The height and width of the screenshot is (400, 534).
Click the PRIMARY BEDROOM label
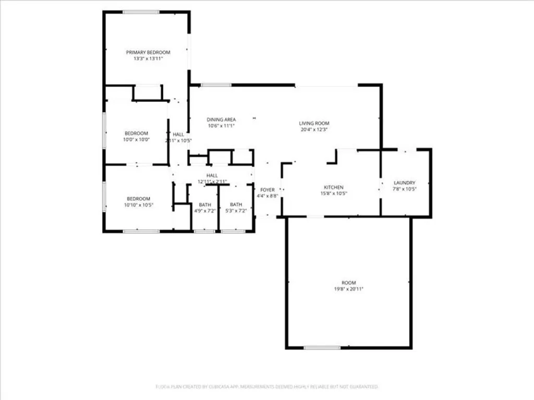pos(148,52)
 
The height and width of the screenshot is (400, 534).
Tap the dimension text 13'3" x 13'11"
pos(148,59)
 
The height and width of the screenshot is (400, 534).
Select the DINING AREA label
pos(221,119)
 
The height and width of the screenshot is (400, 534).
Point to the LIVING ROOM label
pos(314,123)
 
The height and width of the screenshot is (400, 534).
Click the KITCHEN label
pos(334,187)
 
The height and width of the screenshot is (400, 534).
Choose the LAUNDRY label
pos(405,183)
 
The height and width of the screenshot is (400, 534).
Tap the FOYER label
pos(268,190)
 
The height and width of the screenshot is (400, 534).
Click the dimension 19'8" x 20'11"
pos(348,289)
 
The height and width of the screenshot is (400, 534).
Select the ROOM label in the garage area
pos(348,282)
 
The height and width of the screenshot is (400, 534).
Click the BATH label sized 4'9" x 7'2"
pos(204,205)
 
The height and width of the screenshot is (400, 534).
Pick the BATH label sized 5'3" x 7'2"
pos(236,205)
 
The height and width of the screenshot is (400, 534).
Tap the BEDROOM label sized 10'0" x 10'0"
pos(136,133)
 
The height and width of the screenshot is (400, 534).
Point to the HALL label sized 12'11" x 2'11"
pos(212,176)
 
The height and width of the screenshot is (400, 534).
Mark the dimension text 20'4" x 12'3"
pos(314,130)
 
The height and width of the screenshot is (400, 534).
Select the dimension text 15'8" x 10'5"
pos(334,193)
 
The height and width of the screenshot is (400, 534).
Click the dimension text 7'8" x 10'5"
pos(405,189)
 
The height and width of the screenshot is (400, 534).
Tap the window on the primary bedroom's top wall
pos(141,12)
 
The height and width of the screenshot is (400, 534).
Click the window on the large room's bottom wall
pos(322,347)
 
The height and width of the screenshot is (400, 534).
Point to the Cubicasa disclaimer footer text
pos(267,386)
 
